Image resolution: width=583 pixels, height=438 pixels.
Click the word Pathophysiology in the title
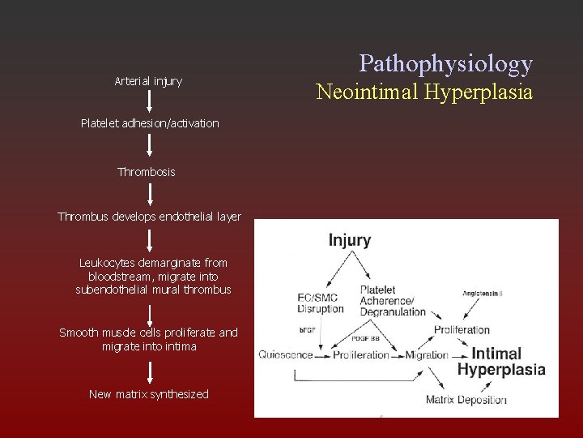click(x=445, y=63)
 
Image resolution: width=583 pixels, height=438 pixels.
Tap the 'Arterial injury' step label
click(x=148, y=81)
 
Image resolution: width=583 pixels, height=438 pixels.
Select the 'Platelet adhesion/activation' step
click(x=150, y=123)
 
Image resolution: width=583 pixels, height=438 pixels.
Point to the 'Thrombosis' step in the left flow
click(x=146, y=172)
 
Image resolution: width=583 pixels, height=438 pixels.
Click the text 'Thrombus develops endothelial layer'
click(x=149, y=217)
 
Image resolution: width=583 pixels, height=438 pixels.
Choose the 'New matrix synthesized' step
click(x=149, y=394)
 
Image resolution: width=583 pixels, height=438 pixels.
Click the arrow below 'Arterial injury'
click(x=150, y=101)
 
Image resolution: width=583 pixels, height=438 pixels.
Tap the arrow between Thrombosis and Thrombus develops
click(x=150, y=194)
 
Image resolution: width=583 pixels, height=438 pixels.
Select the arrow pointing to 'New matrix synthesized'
click(x=150, y=372)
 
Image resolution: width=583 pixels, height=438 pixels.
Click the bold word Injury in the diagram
click(x=349, y=240)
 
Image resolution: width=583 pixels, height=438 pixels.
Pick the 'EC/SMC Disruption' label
click(x=321, y=303)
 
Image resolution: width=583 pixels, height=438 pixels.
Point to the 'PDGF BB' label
click(x=366, y=337)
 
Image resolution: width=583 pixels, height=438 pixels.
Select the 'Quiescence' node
click(x=285, y=354)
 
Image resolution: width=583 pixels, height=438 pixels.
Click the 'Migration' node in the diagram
click(x=428, y=354)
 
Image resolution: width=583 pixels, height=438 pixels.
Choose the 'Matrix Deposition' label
click(x=466, y=399)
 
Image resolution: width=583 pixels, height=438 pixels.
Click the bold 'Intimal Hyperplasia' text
click(x=501, y=362)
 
